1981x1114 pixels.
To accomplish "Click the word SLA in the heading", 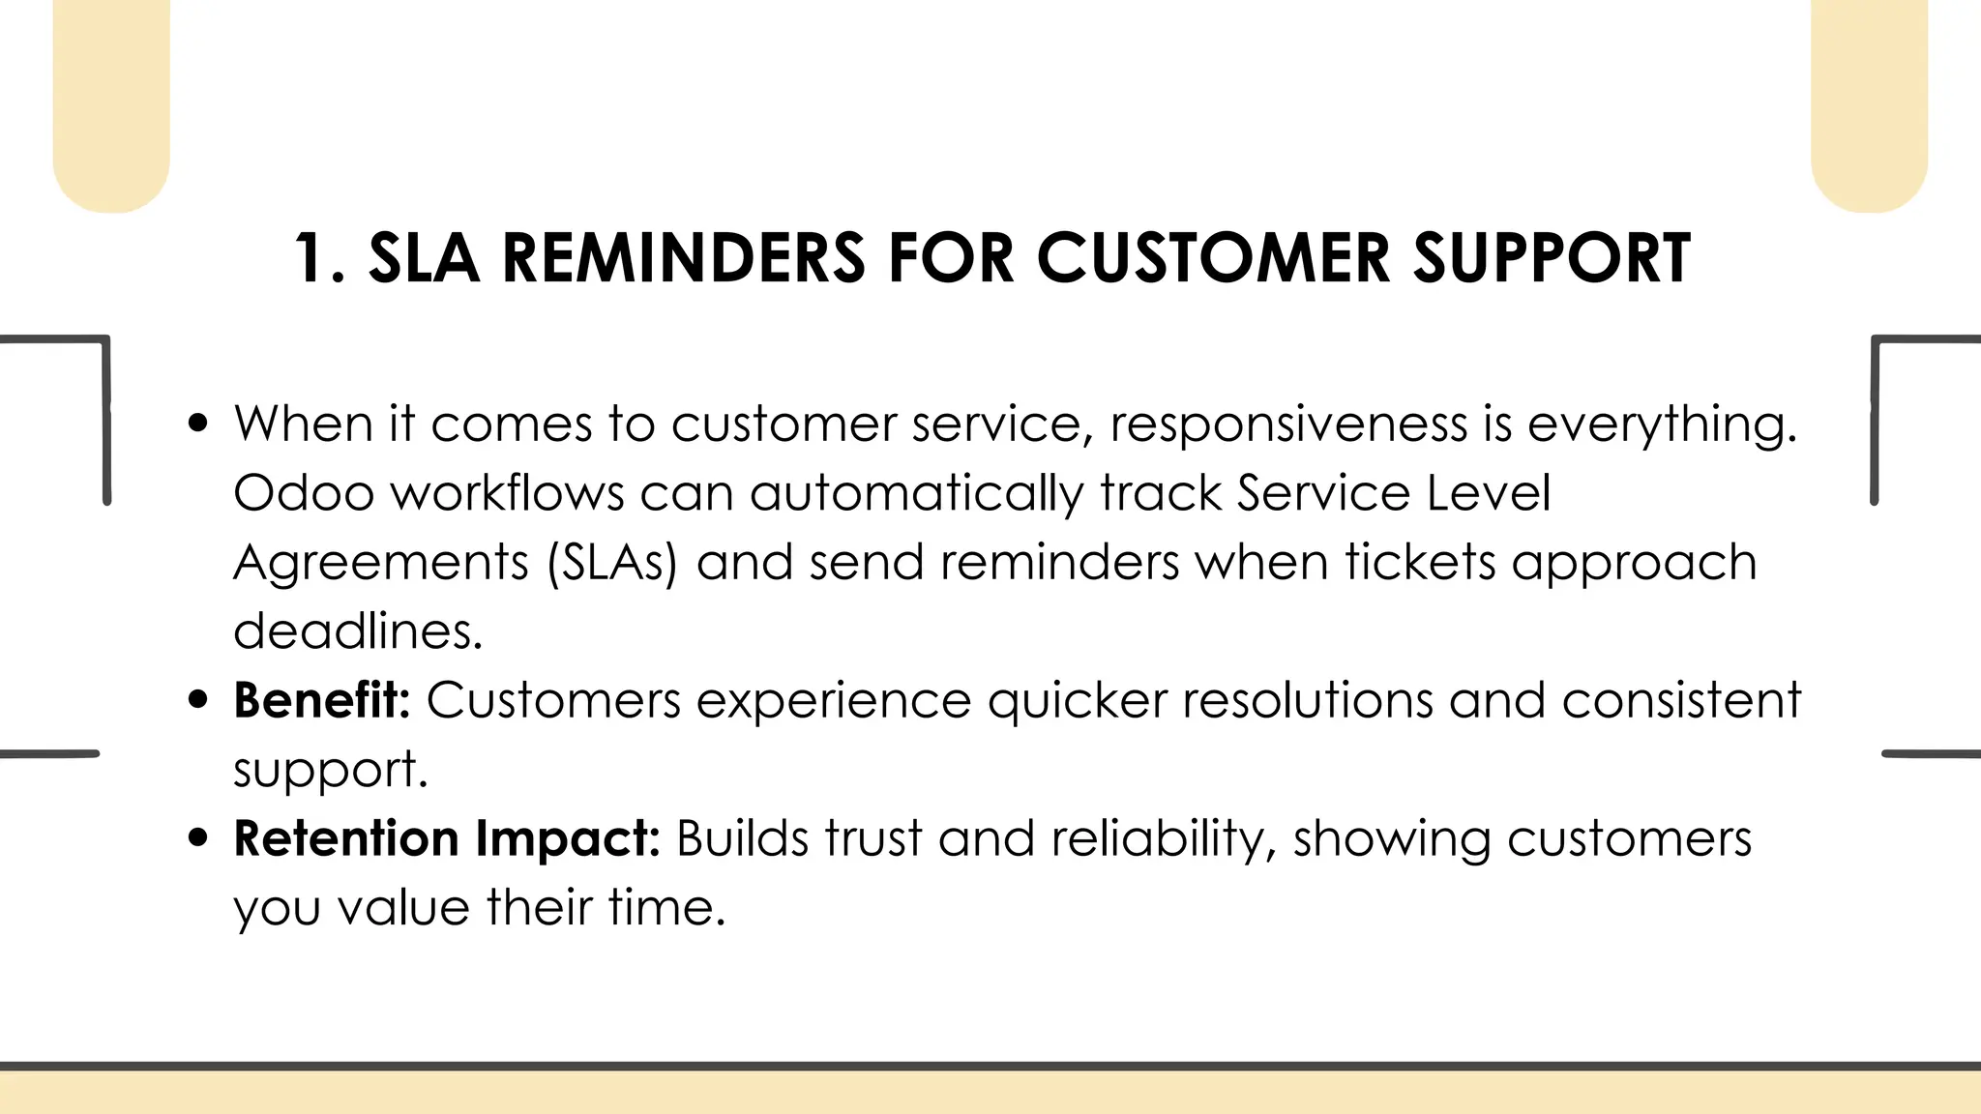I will coord(424,258).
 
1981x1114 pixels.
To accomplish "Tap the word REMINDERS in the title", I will coord(683,258).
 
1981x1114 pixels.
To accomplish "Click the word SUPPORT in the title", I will coord(1552,258).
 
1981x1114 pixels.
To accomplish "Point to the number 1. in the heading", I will coord(319,258).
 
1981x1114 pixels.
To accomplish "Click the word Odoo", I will coord(304,493).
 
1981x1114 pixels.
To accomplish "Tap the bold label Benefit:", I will coord(322,700).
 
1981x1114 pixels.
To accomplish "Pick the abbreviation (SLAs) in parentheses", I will coord(612,563).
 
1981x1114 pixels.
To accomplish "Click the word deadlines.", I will coord(357,631).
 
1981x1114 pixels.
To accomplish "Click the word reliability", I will coord(1158,838).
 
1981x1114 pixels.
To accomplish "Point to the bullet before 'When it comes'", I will coord(199,424).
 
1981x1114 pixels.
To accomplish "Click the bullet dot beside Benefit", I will coord(199,700).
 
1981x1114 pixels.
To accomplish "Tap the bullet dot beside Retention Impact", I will coord(199,838).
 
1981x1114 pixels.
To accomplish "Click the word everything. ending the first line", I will coord(1662,425).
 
